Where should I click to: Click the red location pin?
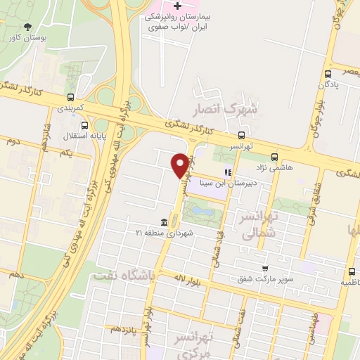pyautogui.click(x=180, y=165)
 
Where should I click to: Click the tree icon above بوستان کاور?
pyautogui.click(x=27, y=27)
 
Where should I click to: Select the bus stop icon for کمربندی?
pyautogui.click(x=70, y=98)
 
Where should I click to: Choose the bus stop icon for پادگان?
pyautogui.click(x=328, y=73)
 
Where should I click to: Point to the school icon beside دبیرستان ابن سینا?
pyautogui.click(x=227, y=172)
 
